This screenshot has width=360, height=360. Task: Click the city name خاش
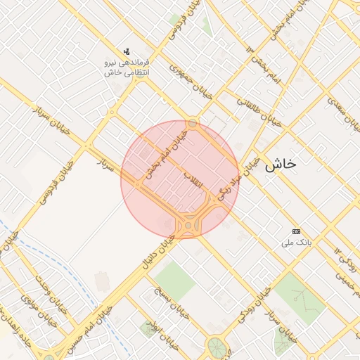281,165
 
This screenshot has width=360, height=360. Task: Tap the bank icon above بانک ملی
296,232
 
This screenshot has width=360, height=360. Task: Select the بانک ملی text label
295,243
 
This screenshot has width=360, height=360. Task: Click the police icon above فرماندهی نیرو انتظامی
127,51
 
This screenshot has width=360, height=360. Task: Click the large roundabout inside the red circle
188,226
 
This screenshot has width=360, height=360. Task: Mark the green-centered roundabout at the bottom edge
214,347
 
